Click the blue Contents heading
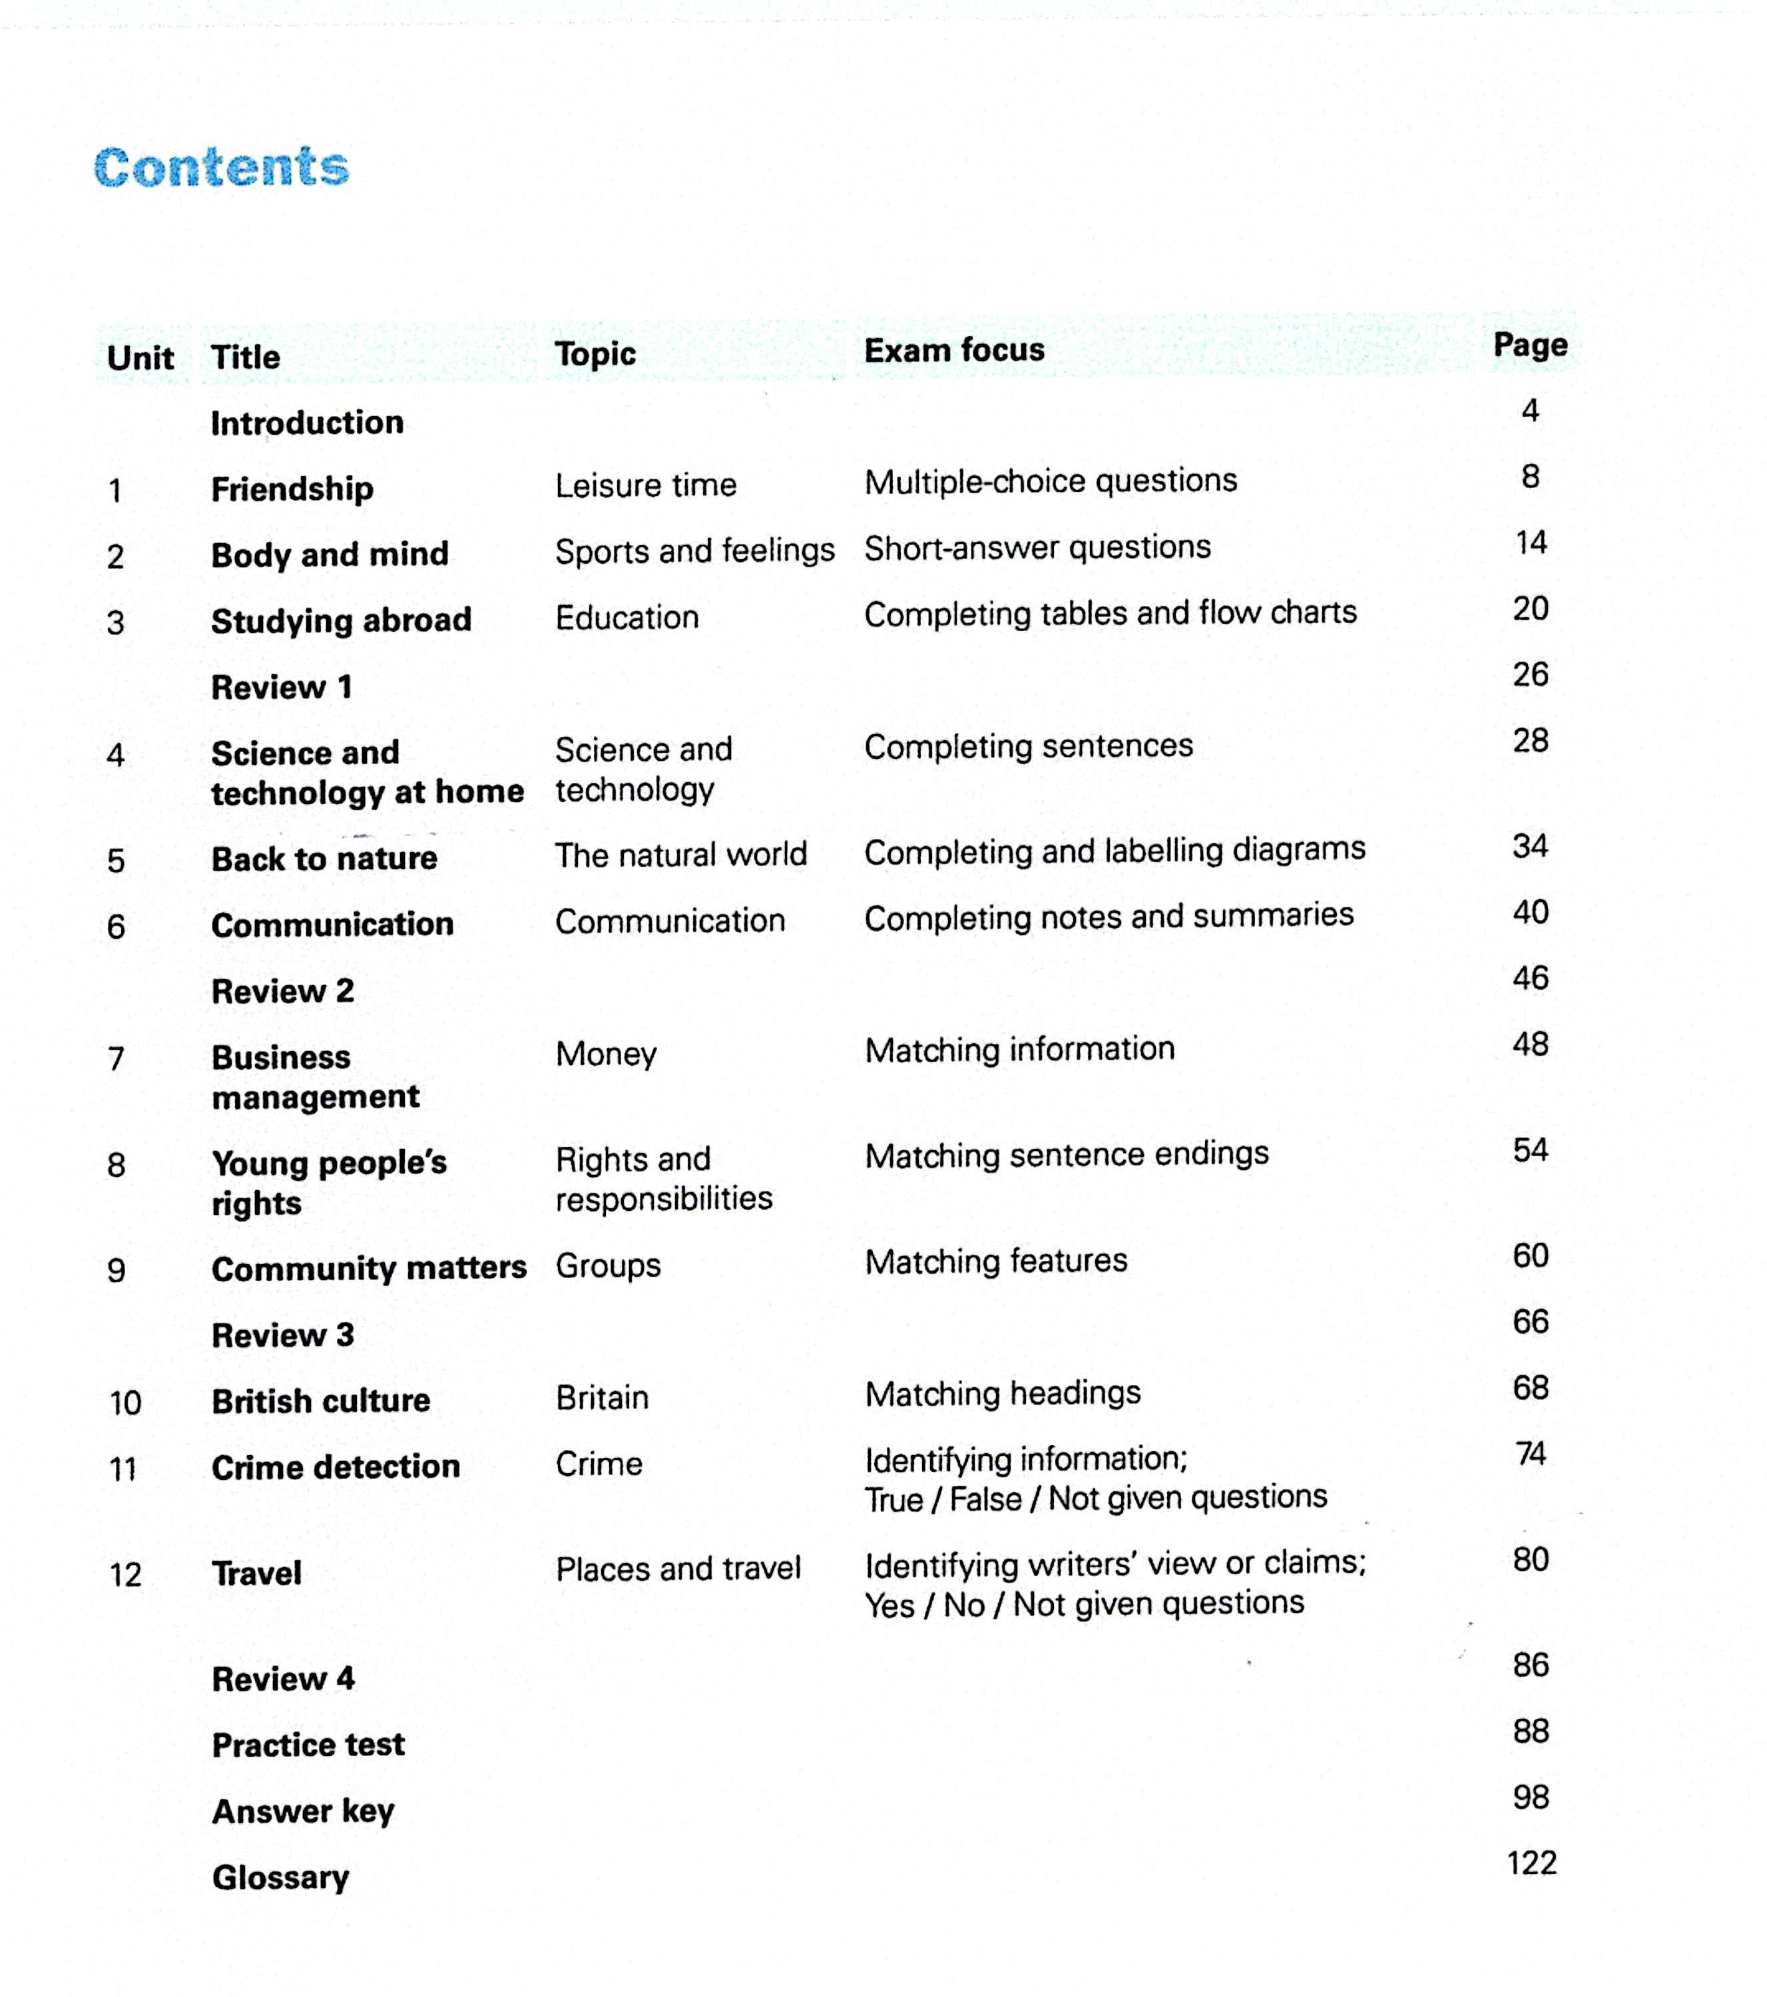coord(222,167)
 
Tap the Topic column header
coord(595,353)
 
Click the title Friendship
coord(292,489)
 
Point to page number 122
coord(1531,1863)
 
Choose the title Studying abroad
coord(341,620)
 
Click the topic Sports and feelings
coord(695,551)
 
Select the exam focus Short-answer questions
coord(1037,547)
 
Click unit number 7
coord(117,1058)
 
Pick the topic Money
coord(606,1054)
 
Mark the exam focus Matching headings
coord(1003,1393)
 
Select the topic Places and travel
coord(678,1568)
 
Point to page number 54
coord(1531,1150)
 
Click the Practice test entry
coord(308,1744)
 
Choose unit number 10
coord(125,1403)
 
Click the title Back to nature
coord(324,859)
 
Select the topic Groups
coord(608,1265)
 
